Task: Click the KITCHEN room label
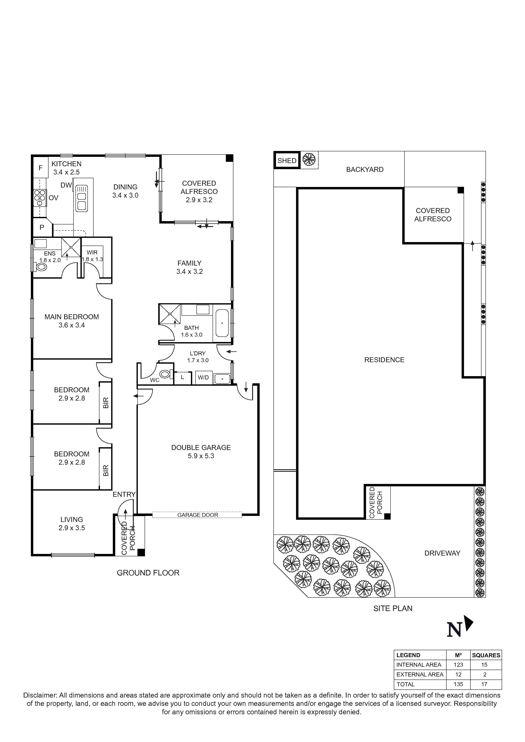(x=66, y=164)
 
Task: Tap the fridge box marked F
(x=40, y=168)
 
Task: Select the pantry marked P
(x=42, y=228)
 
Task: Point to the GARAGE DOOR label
(x=198, y=515)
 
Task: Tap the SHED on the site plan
(x=287, y=161)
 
